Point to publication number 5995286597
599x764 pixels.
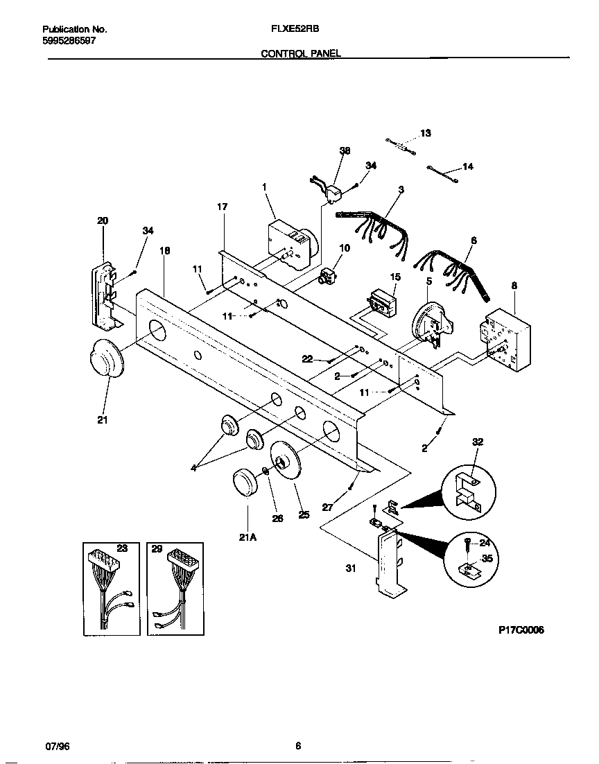(x=69, y=41)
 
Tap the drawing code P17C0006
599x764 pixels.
(x=521, y=630)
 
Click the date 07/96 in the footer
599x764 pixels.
(x=57, y=746)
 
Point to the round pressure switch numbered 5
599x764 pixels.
(x=429, y=323)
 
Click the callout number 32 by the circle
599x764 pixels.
(x=478, y=441)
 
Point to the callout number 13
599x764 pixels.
(x=426, y=132)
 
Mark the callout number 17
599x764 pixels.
(x=222, y=207)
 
